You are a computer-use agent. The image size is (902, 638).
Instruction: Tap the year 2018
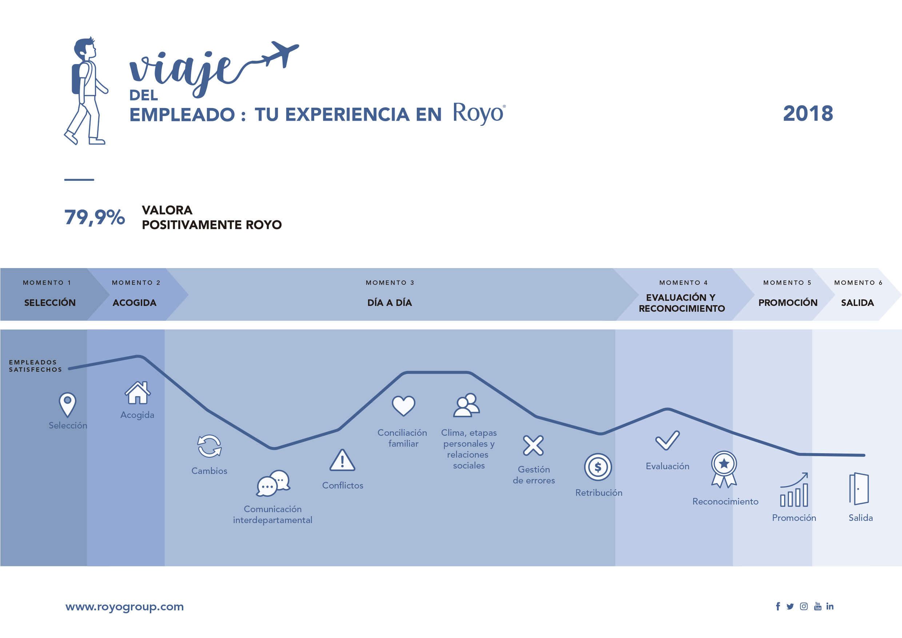click(808, 113)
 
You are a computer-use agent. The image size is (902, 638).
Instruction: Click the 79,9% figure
click(95, 217)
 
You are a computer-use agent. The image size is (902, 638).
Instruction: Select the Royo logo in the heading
click(479, 113)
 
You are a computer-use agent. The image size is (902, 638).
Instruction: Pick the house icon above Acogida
click(137, 392)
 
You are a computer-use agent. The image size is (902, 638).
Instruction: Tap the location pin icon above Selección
click(68, 404)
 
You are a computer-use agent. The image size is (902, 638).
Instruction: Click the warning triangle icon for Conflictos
click(342, 460)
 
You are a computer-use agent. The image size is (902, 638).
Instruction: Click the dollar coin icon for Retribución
click(598, 467)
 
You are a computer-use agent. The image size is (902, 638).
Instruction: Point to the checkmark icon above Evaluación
click(667, 440)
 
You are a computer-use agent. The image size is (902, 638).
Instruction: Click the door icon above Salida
click(859, 489)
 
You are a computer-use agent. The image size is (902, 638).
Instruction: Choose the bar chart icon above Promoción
click(794, 490)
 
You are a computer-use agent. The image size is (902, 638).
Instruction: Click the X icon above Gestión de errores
click(533, 446)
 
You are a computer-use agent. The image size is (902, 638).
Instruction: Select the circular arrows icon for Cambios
click(209, 446)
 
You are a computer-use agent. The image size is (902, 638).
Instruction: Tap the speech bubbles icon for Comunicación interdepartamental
click(274, 483)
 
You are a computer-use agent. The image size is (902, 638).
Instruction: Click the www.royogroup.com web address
click(124, 607)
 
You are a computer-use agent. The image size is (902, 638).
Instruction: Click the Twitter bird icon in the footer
click(790, 607)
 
